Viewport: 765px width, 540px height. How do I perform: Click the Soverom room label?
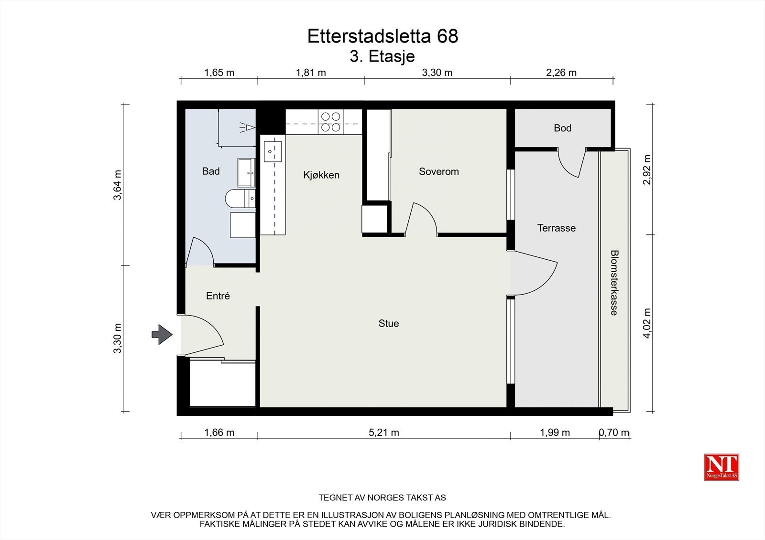pyautogui.click(x=438, y=171)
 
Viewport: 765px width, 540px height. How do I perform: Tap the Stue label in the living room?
pyautogui.click(x=388, y=323)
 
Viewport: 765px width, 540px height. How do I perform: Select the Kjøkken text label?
pyautogui.click(x=321, y=175)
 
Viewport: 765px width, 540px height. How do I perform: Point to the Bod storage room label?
pyautogui.click(x=562, y=128)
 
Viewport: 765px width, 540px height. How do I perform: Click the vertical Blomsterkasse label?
pyautogui.click(x=614, y=283)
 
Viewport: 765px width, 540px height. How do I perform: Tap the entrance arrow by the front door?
pyautogui.click(x=162, y=334)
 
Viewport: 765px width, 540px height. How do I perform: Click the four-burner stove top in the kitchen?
pyautogui.click(x=330, y=122)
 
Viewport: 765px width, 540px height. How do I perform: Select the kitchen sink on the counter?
pyautogui.click(x=272, y=152)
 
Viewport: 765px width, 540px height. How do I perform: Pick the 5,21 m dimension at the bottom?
pyautogui.click(x=383, y=433)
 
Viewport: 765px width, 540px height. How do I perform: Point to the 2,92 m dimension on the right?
pyautogui.click(x=647, y=170)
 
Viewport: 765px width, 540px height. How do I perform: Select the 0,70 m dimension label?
pyautogui.click(x=614, y=433)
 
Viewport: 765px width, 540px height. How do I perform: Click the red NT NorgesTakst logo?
pyautogui.click(x=721, y=466)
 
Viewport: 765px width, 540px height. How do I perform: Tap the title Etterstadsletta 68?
pyautogui.click(x=382, y=36)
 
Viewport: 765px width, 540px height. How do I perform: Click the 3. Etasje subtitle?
pyautogui.click(x=382, y=56)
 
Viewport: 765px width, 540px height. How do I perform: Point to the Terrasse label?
pyautogui.click(x=556, y=228)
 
